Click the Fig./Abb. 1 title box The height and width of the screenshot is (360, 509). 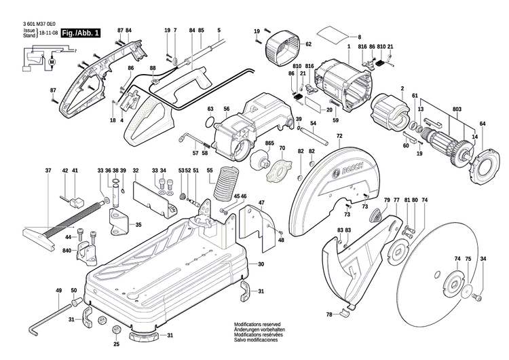(81, 33)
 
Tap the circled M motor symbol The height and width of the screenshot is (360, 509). (52, 61)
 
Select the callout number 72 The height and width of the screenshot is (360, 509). (339, 136)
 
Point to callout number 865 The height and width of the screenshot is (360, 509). (269, 143)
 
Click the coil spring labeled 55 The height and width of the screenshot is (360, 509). (226, 182)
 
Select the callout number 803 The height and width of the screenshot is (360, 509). (457, 109)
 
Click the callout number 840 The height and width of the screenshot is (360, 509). (67, 251)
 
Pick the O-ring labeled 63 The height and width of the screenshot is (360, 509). (210, 122)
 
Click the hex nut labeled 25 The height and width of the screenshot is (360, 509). (116, 330)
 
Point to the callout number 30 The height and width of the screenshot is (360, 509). (261, 264)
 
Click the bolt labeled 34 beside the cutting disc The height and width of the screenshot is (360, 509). (478, 296)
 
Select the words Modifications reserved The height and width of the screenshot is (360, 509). (257, 325)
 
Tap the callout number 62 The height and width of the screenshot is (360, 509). (308, 44)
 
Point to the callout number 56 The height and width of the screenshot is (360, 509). (227, 109)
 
